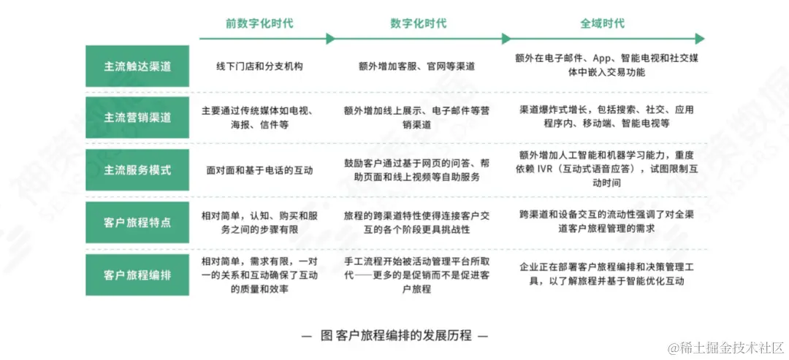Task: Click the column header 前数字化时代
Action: (259, 23)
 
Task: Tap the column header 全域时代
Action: (602, 23)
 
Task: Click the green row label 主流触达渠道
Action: (137, 66)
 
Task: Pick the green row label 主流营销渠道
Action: (137, 118)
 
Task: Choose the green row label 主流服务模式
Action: (137, 170)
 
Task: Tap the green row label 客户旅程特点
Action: (137, 222)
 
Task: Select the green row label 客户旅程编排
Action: (137, 275)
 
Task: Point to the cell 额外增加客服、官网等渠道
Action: (417, 66)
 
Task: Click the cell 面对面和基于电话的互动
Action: (259, 170)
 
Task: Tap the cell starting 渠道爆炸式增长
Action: (606, 117)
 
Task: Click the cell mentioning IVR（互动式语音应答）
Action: (606, 169)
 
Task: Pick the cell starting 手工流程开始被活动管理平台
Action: (417, 275)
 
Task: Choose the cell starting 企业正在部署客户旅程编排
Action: (606, 275)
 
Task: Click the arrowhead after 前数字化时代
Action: (331, 39)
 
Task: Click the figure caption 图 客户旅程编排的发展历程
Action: (394, 336)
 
